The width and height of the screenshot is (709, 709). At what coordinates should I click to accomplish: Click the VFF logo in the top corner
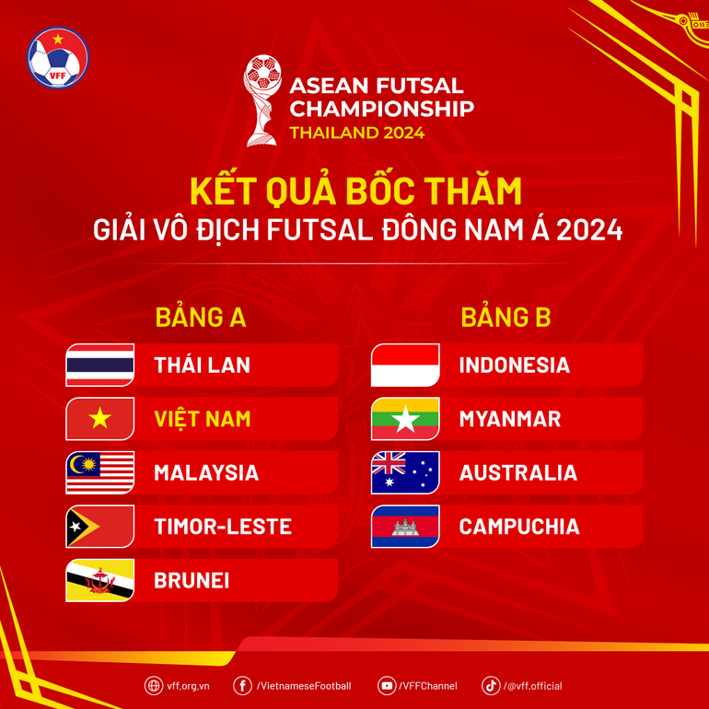58,57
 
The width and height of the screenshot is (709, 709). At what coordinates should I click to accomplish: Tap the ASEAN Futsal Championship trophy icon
262,99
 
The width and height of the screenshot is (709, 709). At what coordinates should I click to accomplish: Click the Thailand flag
100,365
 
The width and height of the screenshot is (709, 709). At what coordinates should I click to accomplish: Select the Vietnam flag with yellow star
100,419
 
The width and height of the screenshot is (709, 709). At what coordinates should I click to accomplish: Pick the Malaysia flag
100,472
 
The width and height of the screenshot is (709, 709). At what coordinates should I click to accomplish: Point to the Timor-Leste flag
100,527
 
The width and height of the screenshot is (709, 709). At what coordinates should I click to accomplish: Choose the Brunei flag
100,580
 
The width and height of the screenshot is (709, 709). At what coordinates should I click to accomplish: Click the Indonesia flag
405,365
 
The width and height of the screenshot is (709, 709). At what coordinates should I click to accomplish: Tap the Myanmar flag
405,419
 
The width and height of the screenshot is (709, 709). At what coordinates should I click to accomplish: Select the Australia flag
405,472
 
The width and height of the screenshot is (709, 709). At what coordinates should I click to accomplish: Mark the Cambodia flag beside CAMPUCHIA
405,527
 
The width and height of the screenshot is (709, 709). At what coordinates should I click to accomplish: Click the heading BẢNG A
201,317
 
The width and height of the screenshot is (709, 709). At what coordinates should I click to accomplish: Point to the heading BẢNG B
506,317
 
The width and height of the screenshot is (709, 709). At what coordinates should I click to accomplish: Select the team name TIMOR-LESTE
223,527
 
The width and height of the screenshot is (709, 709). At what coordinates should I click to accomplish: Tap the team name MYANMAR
509,419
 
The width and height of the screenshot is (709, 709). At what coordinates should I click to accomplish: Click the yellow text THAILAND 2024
357,133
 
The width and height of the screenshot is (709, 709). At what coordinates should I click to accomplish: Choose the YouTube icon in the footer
387,686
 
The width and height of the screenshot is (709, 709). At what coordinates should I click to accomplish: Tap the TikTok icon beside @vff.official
491,686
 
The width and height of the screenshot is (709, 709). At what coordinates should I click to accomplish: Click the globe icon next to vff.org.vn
153,686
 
